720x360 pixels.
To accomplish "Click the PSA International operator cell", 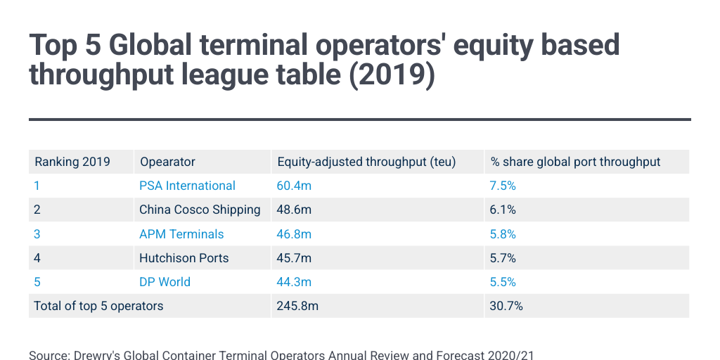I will click(187, 186).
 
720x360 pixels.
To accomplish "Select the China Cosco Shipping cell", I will click(200, 210).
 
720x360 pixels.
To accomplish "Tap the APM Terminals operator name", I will click(181, 234).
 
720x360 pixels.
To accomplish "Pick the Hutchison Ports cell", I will click(184, 258).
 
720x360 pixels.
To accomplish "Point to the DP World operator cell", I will click(165, 282).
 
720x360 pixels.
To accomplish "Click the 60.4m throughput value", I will click(295, 186).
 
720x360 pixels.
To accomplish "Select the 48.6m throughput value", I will click(295, 210).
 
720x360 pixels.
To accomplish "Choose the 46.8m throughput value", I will click(295, 234).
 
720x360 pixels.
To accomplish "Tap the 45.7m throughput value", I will click(295, 258).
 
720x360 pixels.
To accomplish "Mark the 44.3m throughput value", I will click(295, 282).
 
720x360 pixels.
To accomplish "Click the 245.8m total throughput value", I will click(298, 306).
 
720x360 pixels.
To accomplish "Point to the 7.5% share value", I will click(503, 186).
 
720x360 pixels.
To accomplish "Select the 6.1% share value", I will click(503, 210).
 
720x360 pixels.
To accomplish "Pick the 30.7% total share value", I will click(506, 306).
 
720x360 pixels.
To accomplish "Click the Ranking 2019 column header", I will click(72, 162).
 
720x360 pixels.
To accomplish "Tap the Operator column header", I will click(167, 162).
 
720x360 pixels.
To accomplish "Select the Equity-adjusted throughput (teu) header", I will click(366, 162).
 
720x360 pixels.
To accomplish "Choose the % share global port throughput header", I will click(575, 162).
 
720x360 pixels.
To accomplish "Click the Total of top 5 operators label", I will click(98, 306).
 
